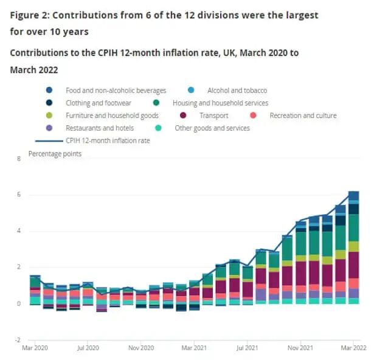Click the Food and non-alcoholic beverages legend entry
pos(116,91)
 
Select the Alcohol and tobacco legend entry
pos(237,91)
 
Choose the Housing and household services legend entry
pos(220,103)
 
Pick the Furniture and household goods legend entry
pos(112,116)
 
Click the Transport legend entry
pos(213,116)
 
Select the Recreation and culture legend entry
pos(302,116)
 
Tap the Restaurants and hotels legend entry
pos(100,128)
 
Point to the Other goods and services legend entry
pos(212,128)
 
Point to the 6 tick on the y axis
pos(19,195)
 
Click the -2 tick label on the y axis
pos(18,339)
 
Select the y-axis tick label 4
pos(19,231)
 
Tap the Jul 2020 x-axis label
pos(88,349)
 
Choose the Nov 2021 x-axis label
pos(300,349)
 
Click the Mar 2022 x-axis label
pos(352,349)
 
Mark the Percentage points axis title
pos(55,154)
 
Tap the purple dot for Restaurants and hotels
pos(49,128)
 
